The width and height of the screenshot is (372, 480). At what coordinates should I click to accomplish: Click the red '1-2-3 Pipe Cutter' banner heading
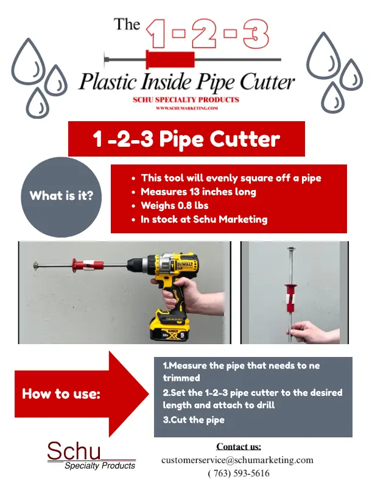[x=186, y=139]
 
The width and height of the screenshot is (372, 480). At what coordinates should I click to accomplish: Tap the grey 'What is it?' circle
[x=61, y=197]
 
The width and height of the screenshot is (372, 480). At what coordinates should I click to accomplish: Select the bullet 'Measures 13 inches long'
[x=198, y=192]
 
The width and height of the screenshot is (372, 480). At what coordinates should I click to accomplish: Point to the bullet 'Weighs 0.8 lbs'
[x=174, y=205]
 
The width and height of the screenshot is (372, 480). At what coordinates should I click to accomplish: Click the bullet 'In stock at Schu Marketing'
[x=204, y=219]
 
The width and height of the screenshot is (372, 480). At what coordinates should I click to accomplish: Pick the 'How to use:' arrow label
[x=61, y=394]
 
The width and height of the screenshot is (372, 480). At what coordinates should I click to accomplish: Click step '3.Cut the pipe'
[x=194, y=420]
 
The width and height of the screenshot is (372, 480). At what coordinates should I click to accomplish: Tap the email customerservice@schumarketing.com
[x=237, y=460]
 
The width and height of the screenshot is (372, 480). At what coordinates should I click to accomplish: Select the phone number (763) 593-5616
[x=239, y=473]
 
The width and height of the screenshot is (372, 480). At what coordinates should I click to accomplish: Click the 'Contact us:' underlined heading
[x=239, y=446]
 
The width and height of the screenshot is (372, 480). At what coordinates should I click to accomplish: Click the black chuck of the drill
[x=135, y=264]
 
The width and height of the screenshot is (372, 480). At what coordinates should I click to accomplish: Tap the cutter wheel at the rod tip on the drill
[x=36, y=265]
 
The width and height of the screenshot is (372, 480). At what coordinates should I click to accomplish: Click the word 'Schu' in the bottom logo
[x=74, y=451]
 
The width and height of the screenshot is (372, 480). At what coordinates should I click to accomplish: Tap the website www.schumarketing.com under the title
[x=187, y=108]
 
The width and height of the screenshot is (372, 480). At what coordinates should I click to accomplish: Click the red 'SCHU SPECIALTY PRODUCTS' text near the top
[x=186, y=100]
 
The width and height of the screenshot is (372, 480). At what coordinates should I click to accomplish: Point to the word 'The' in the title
[x=127, y=24]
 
